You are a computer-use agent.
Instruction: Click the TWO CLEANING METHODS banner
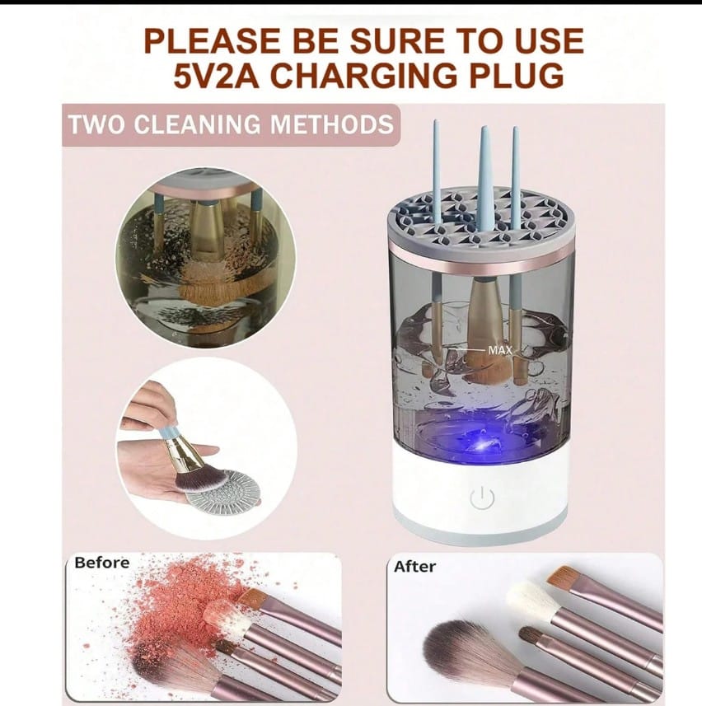[x=230, y=125]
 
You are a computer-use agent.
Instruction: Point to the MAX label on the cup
[x=500, y=350]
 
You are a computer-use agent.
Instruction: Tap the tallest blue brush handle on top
[x=485, y=177]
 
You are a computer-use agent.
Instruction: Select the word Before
[x=101, y=563]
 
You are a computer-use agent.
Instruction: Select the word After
[x=414, y=567]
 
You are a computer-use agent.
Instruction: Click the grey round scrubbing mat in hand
[x=222, y=489]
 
